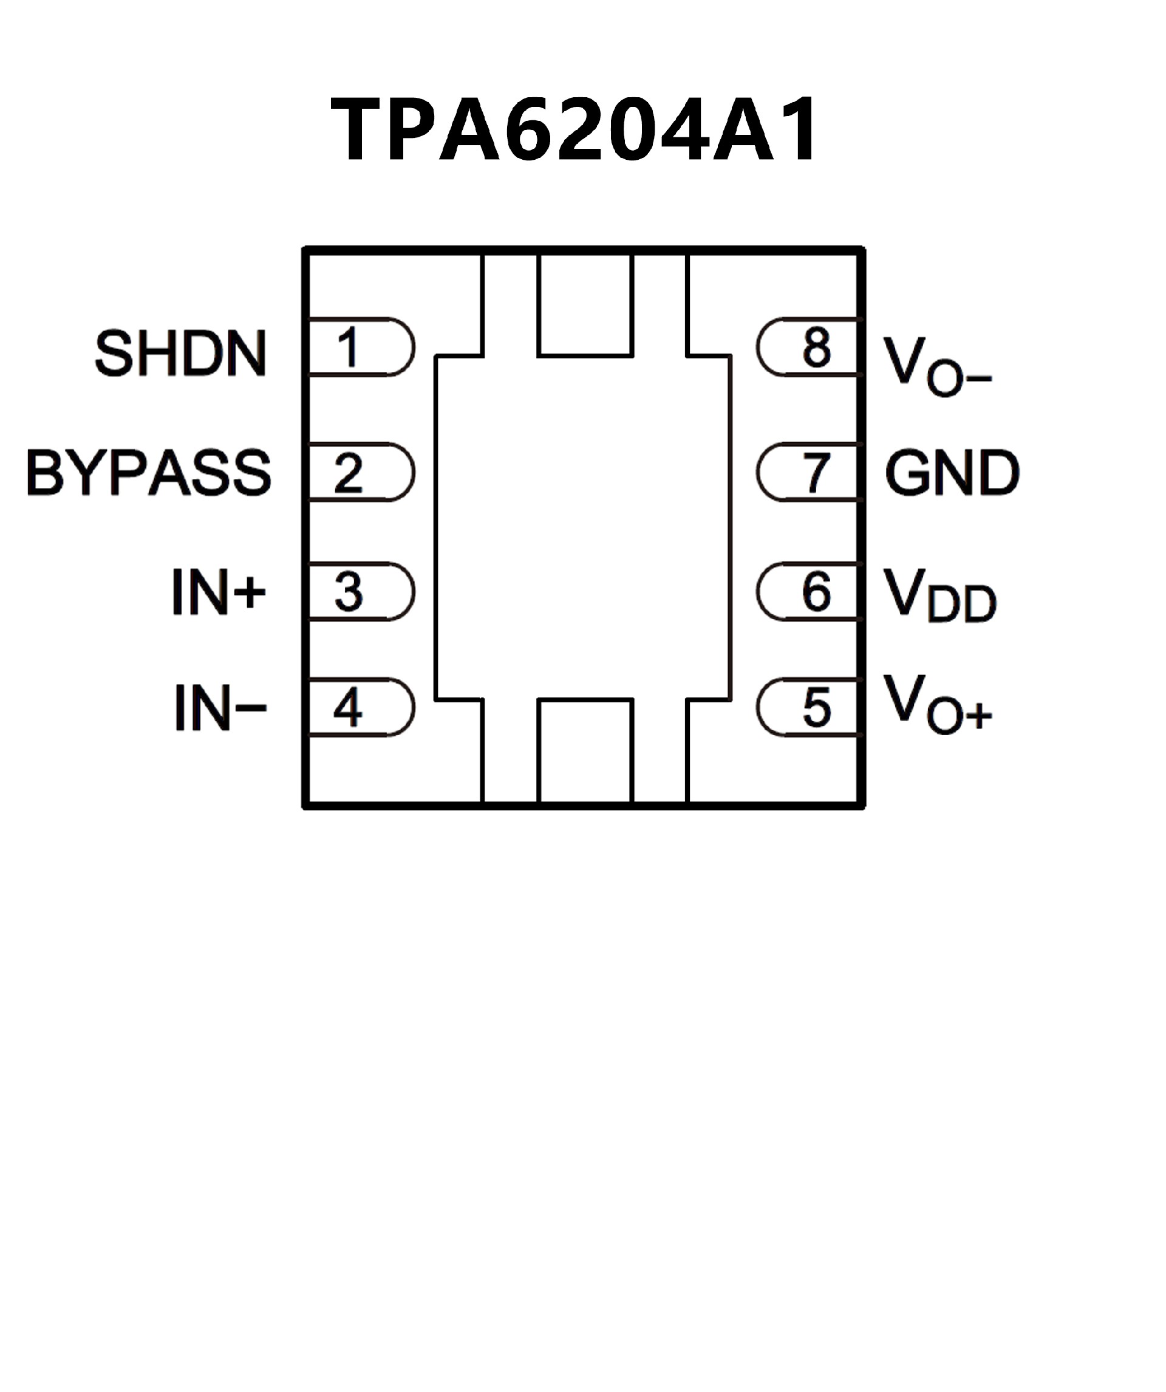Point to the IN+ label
[218, 591]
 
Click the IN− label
[220, 708]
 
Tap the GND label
[952, 472]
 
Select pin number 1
[348, 347]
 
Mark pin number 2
[349, 473]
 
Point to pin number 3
[349, 591]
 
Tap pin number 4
[348, 707]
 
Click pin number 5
[816, 707]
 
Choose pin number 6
[816, 591]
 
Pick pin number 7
[816, 473]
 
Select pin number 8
[816, 347]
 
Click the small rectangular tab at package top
[585, 305]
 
